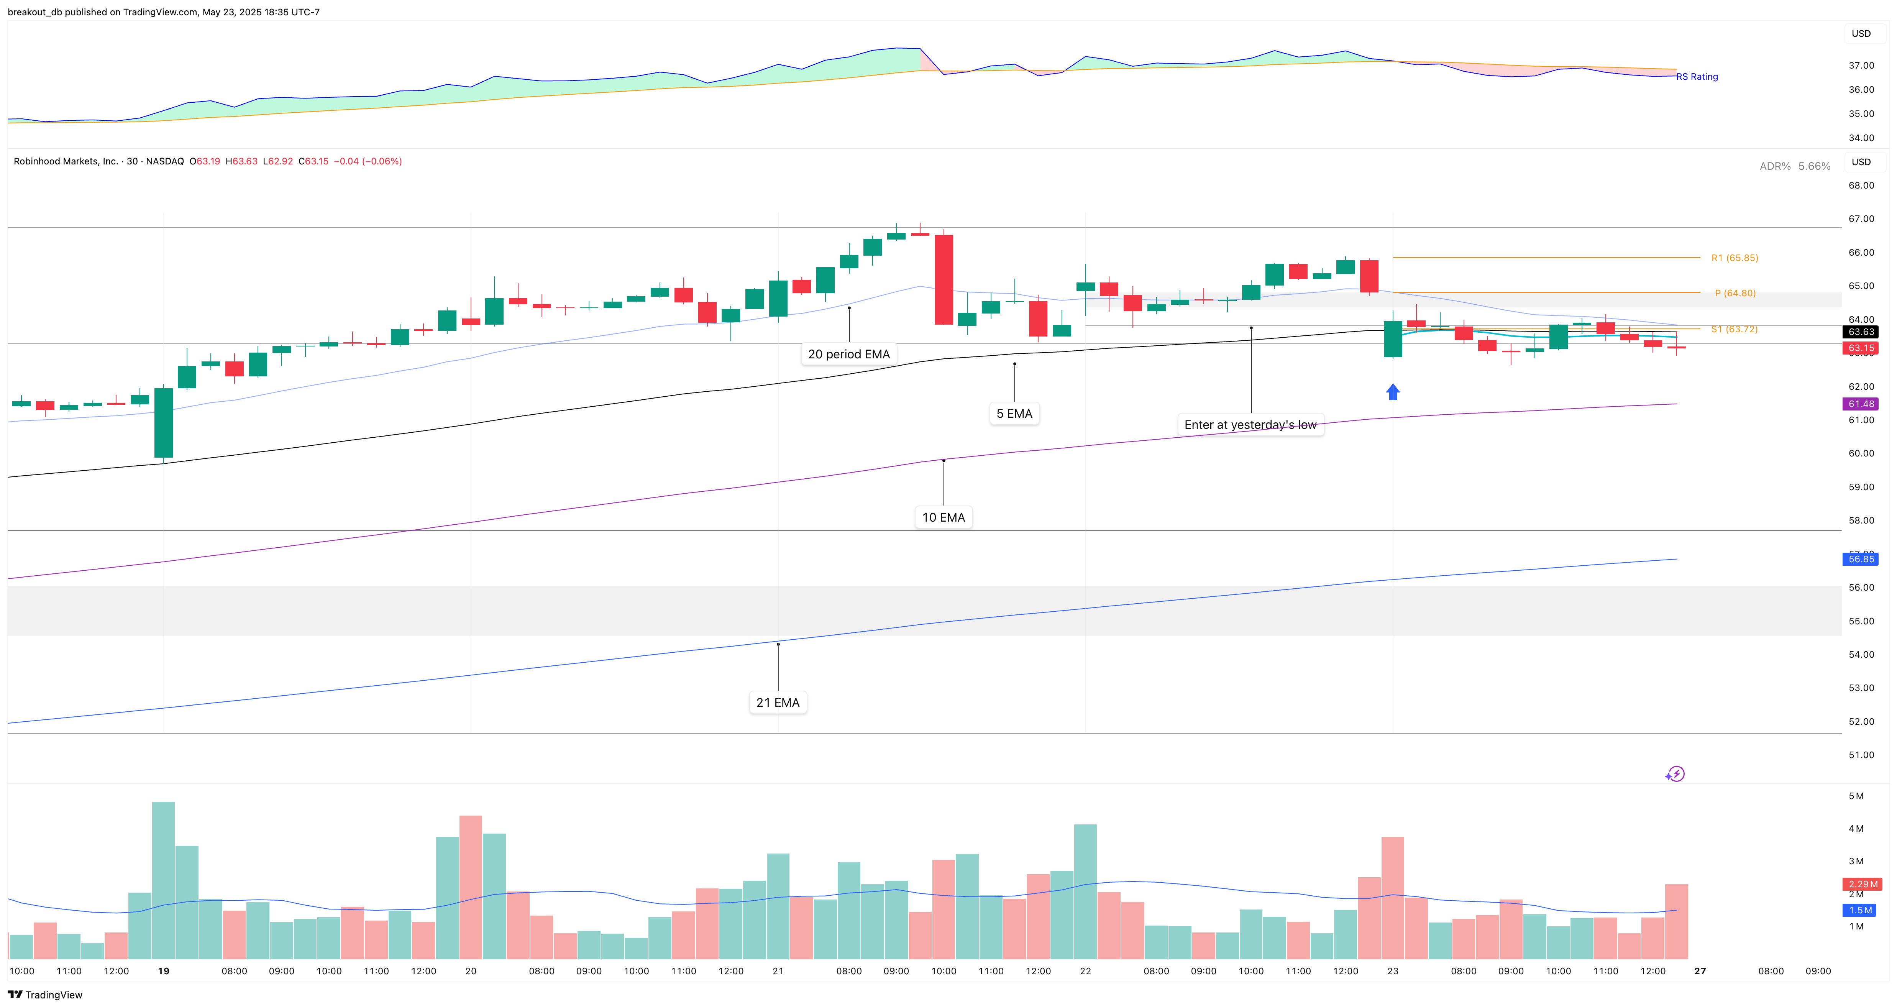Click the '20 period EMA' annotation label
point(848,354)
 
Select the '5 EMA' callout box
point(1014,414)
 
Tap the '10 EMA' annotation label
point(944,518)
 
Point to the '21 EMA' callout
point(778,703)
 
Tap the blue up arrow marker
point(1393,392)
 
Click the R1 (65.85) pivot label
point(1734,258)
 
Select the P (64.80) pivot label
point(1735,293)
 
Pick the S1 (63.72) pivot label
point(1734,329)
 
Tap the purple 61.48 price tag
point(1861,404)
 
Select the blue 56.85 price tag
point(1861,559)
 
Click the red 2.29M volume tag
point(1863,883)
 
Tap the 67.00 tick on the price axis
point(1861,219)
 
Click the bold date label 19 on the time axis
point(164,971)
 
